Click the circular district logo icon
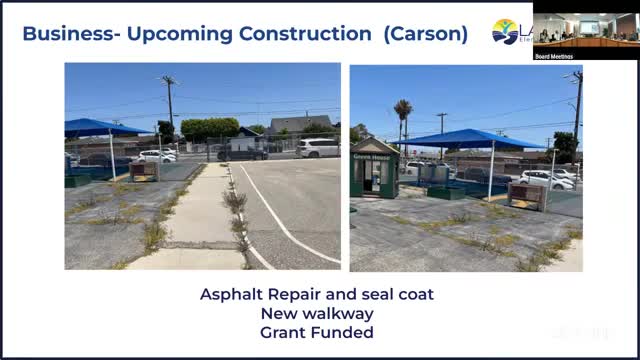coord(505,32)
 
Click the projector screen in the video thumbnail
coord(589,27)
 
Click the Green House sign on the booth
coord(374,156)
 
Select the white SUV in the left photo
coord(317,148)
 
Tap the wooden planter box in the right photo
coord(526,195)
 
